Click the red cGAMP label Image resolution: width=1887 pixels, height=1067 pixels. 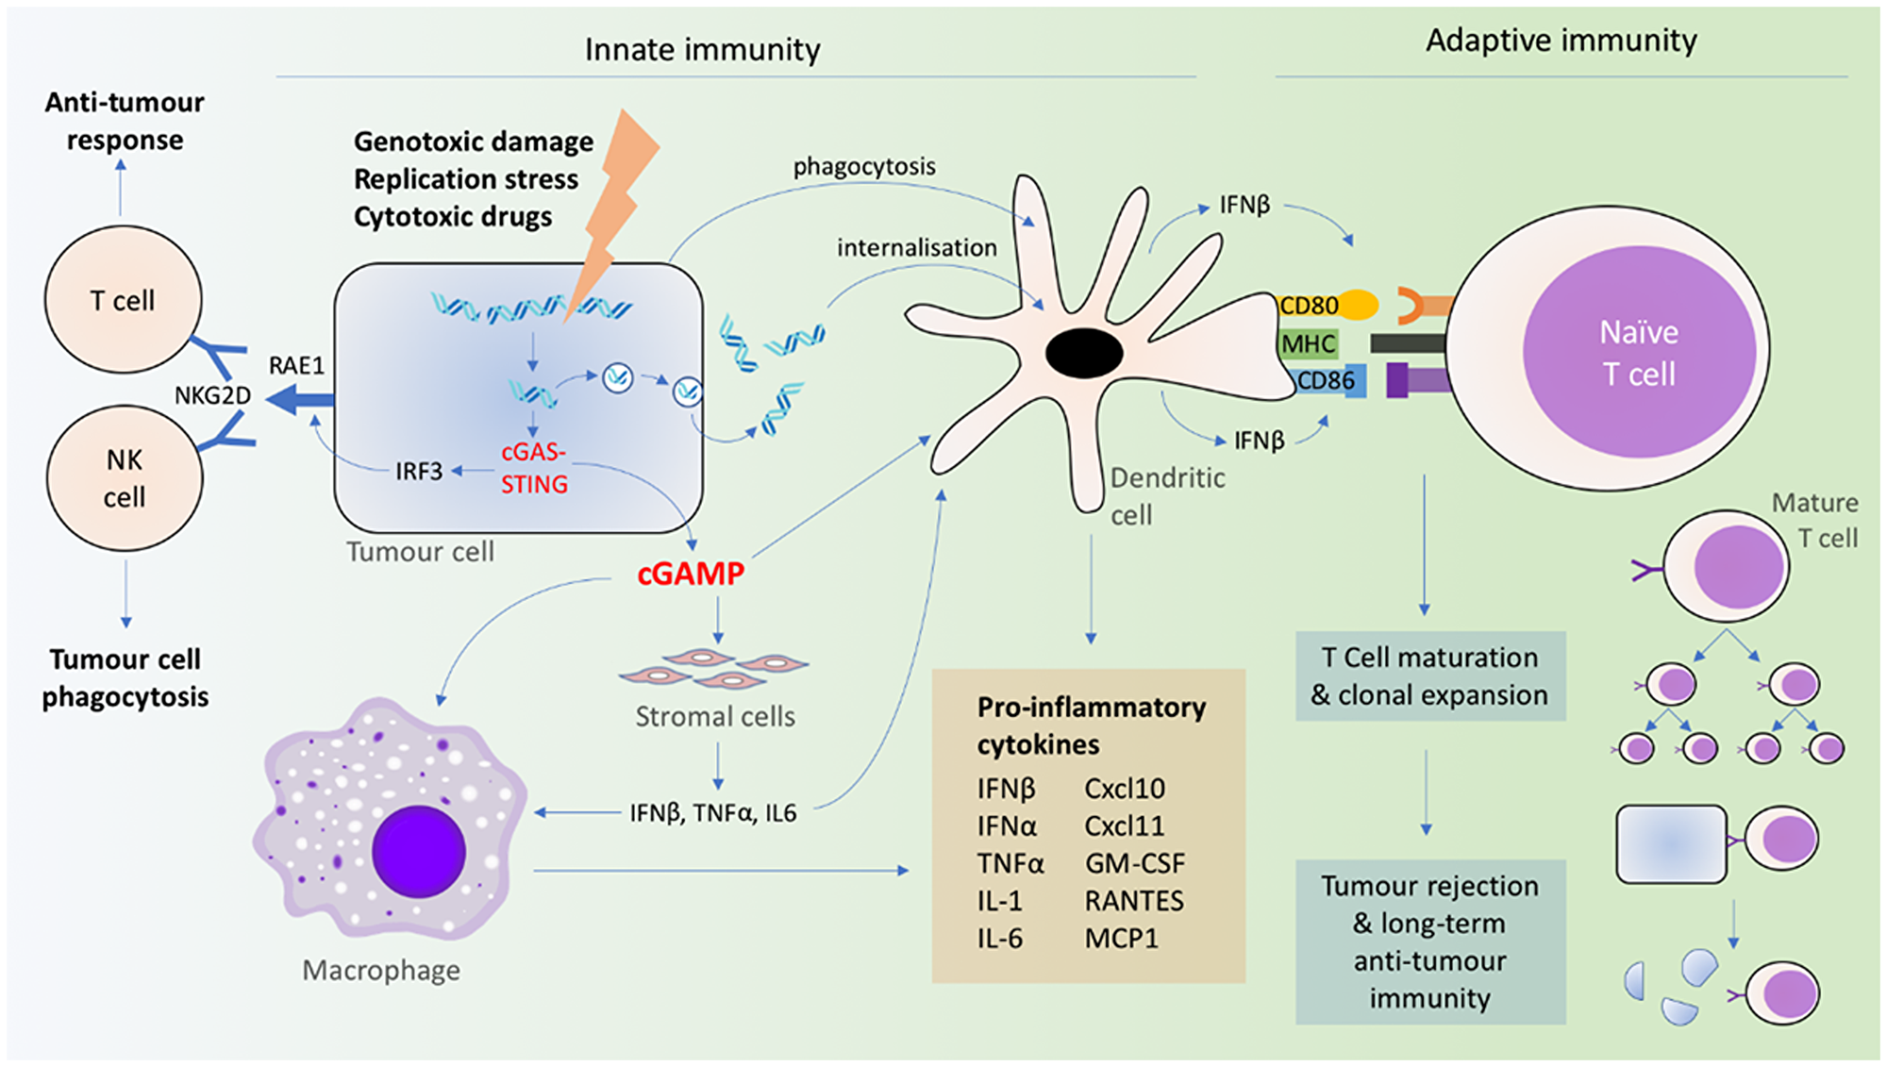(691, 574)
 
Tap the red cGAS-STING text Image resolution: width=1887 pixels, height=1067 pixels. (534, 468)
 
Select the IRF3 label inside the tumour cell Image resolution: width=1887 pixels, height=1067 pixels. (418, 471)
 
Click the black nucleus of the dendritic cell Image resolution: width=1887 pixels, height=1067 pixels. (1084, 354)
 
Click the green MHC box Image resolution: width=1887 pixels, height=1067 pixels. (1308, 344)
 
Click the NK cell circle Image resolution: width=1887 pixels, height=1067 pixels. (125, 478)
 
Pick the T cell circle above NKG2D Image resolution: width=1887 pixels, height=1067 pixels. (123, 300)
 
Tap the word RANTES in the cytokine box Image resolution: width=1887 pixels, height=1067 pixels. (1134, 901)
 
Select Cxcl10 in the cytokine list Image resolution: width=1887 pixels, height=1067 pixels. (1125, 789)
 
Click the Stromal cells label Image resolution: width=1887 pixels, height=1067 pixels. (714, 717)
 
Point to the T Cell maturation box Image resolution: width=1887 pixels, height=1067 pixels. (1429, 676)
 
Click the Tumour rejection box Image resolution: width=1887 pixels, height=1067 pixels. (1429, 942)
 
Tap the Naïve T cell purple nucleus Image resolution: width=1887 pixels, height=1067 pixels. (1639, 352)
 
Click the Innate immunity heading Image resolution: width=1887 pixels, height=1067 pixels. (702, 49)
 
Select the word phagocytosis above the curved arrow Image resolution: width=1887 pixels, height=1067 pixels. (864, 167)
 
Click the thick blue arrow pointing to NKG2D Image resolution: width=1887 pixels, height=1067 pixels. (300, 401)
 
